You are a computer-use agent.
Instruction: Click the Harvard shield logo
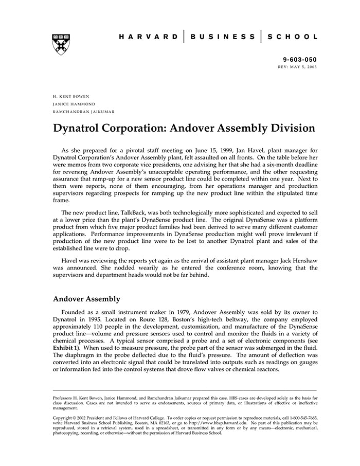[61, 44]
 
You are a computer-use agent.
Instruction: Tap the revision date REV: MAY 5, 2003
[297, 67]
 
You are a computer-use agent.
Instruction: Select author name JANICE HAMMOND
[74, 104]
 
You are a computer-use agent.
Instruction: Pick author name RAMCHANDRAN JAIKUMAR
[84, 112]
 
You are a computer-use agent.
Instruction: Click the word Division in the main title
[289, 128]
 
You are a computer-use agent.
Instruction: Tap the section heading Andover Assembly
[86, 299]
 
